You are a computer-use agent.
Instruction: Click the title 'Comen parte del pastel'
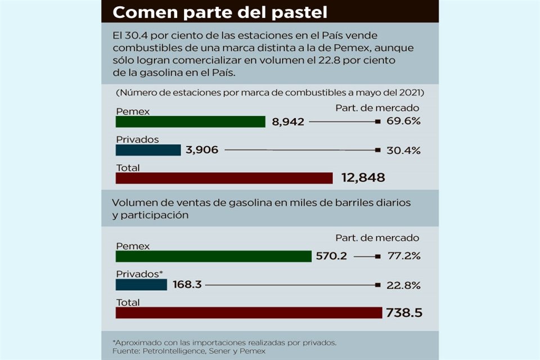pos(220,11)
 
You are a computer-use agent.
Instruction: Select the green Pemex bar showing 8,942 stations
pos(190,121)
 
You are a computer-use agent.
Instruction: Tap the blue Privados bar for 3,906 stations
pos(148,150)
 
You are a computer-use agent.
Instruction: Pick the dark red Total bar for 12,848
pos(224,178)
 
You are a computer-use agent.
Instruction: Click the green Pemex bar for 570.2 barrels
pos(213,256)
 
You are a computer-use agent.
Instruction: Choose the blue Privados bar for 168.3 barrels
pos(141,285)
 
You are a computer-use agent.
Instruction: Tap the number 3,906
pos(201,150)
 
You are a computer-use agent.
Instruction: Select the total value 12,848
pos(363,178)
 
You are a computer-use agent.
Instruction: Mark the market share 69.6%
pos(404,121)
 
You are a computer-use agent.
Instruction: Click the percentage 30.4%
pos(404,150)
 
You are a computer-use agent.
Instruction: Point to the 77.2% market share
pos(404,256)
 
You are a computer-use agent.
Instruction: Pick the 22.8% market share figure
pos(404,285)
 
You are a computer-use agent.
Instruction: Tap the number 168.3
pos(188,285)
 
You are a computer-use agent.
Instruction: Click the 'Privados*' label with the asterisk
pos(139,274)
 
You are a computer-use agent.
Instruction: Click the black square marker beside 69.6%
pos(377,121)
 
